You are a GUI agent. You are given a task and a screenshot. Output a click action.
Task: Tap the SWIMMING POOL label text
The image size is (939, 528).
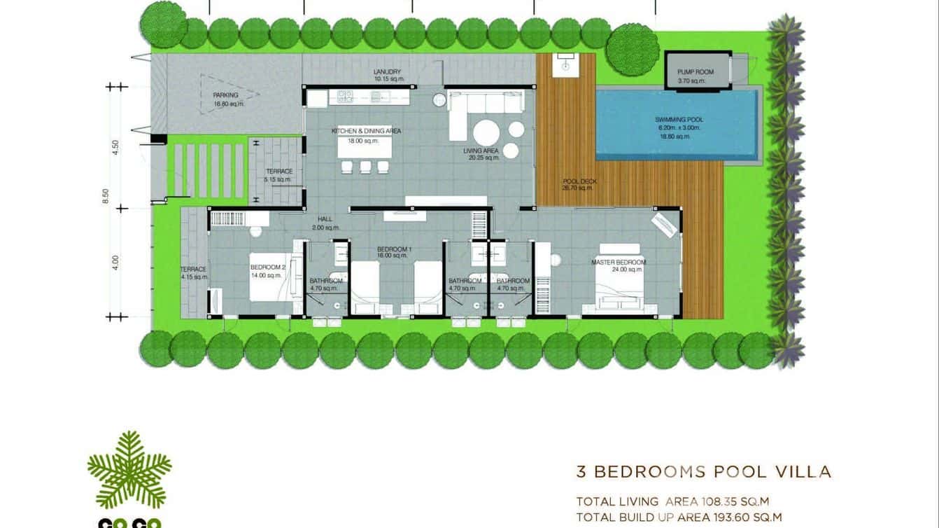[x=679, y=120]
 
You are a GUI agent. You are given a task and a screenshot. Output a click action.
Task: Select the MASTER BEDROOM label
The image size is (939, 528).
[x=619, y=263]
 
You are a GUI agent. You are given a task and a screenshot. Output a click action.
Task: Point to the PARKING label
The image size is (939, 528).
[x=226, y=95]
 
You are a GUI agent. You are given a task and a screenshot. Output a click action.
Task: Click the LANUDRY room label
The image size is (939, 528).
[x=387, y=72]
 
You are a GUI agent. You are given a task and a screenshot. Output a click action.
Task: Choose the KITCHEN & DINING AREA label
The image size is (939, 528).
[x=366, y=131]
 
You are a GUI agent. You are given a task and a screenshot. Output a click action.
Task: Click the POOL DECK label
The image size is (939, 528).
[x=579, y=181]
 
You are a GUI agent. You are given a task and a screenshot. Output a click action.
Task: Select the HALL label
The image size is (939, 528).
[x=325, y=218]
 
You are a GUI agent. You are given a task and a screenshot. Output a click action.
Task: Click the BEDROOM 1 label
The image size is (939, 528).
[x=395, y=250]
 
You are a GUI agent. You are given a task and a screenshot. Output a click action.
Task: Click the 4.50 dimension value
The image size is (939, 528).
[x=116, y=148]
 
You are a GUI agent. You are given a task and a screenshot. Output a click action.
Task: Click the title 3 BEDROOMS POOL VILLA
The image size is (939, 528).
[x=703, y=471]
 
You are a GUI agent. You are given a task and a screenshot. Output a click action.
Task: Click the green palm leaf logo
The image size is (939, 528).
[x=129, y=469]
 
